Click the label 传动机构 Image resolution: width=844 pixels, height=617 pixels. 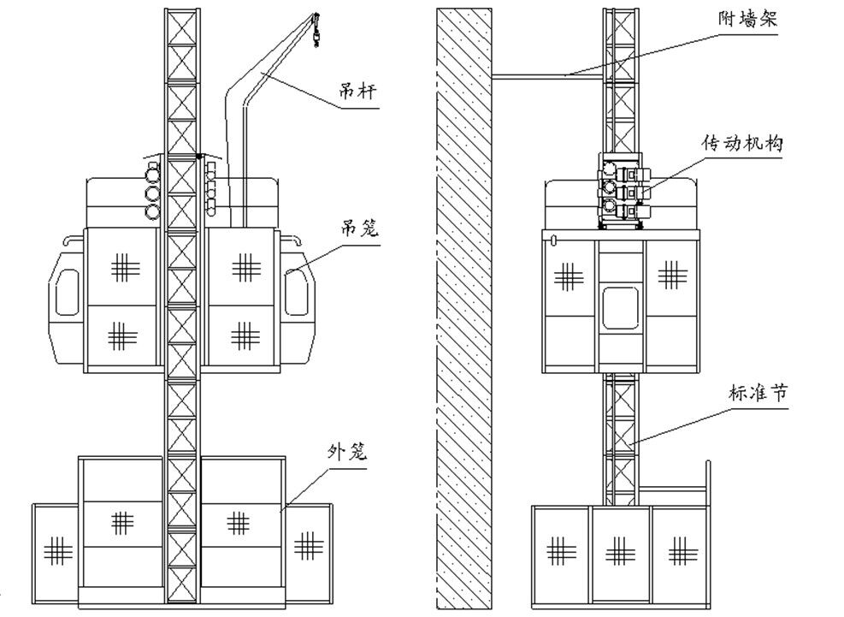pyautogui.click(x=741, y=144)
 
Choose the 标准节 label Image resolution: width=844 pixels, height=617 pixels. pyautogui.click(x=752, y=395)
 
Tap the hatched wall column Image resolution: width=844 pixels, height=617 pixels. pyautogui.click(x=464, y=308)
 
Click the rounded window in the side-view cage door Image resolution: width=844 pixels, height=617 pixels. pyautogui.click(x=621, y=308)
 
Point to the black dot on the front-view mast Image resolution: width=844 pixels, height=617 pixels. pyautogui.click(x=198, y=156)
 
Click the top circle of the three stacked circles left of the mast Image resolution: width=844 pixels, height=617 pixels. pyautogui.click(x=153, y=175)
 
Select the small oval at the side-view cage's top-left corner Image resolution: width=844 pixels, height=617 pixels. pyautogui.click(x=554, y=240)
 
